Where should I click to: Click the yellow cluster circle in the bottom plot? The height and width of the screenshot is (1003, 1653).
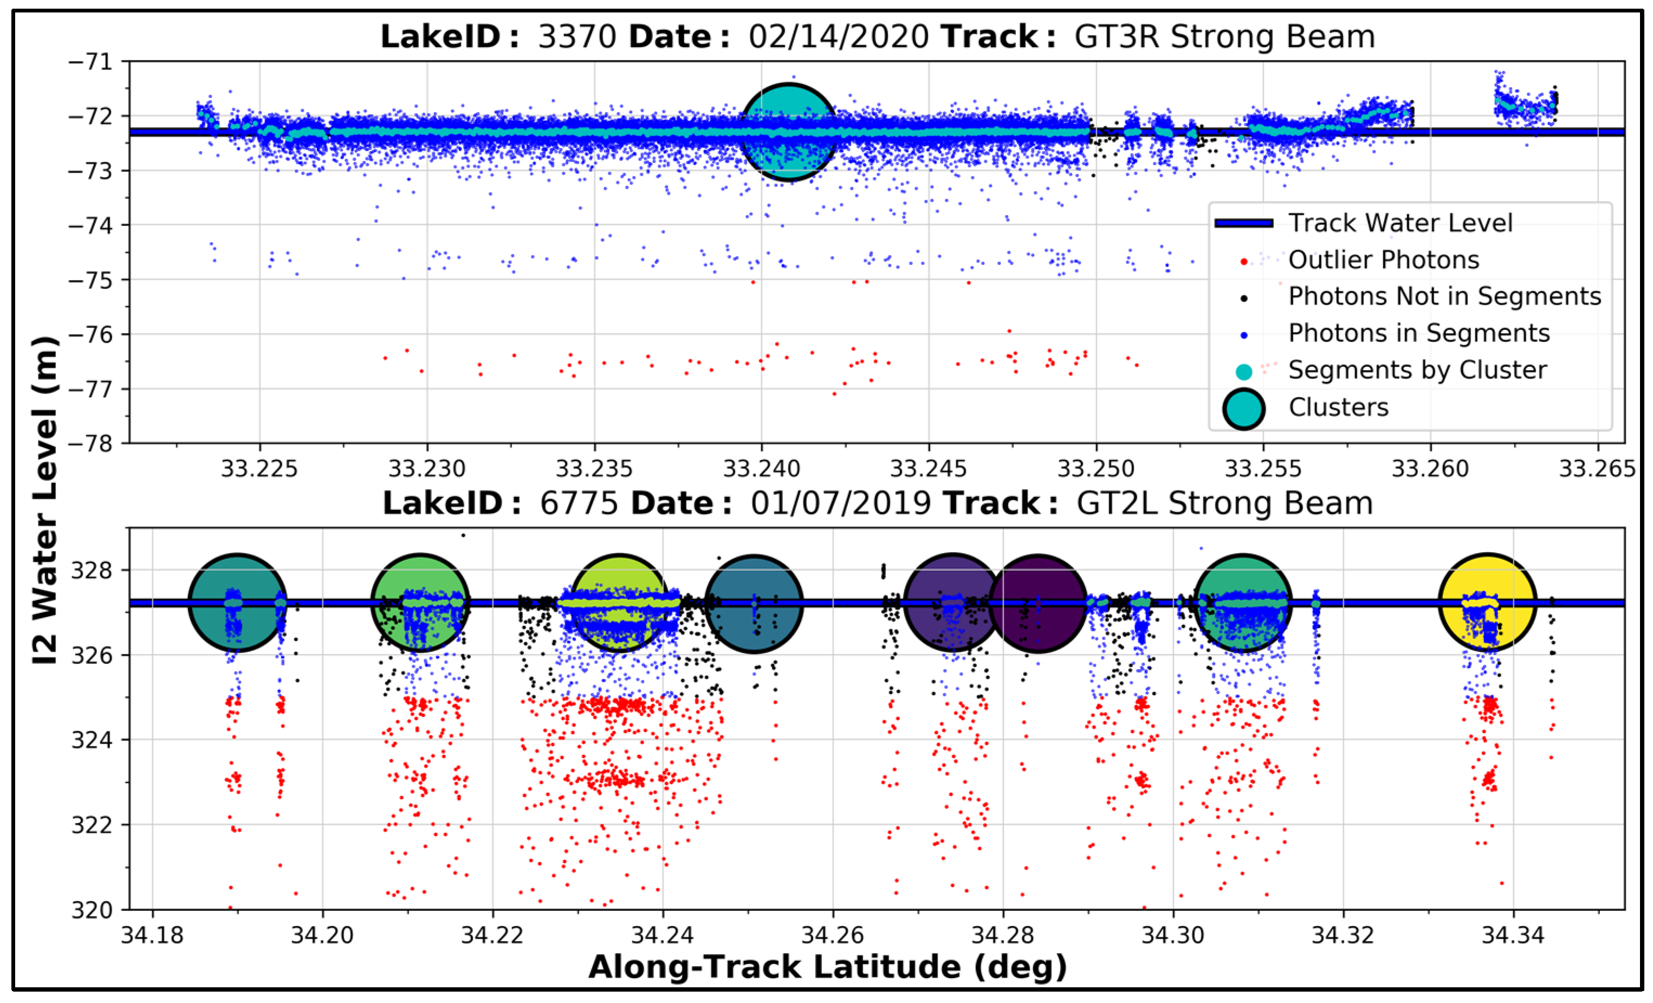pyautogui.click(x=1487, y=603)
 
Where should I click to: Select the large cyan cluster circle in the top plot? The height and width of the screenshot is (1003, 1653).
pyautogui.click(x=789, y=132)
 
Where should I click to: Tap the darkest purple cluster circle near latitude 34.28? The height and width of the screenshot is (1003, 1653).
pyautogui.click(x=1038, y=603)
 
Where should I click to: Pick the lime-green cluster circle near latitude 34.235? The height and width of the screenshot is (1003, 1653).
pyautogui.click(x=619, y=603)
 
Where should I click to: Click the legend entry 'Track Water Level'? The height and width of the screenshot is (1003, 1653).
pyautogui.click(x=1400, y=223)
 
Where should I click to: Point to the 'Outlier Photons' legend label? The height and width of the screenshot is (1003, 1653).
pyautogui.click(x=1383, y=260)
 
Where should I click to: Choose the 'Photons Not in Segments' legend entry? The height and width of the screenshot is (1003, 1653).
pyautogui.click(x=1444, y=296)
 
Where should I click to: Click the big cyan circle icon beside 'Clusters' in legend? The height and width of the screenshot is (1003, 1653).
pyautogui.click(x=1243, y=408)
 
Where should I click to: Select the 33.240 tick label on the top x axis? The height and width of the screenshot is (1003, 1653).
pyautogui.click(x=761, y=468)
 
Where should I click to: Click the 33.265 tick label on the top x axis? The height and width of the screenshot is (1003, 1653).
pyautogui.click(x=1597, y=468)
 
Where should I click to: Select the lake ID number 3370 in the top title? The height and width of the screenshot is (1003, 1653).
pyautogui.click(x=577, y=37)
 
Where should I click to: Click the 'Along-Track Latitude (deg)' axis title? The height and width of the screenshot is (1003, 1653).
pyautogui.click(x=827, y=967)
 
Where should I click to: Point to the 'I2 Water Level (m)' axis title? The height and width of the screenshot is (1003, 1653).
pyautogui.click(x=46, y=500)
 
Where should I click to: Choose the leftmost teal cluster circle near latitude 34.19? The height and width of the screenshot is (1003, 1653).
pyautogui.click(x=237, y=603)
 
